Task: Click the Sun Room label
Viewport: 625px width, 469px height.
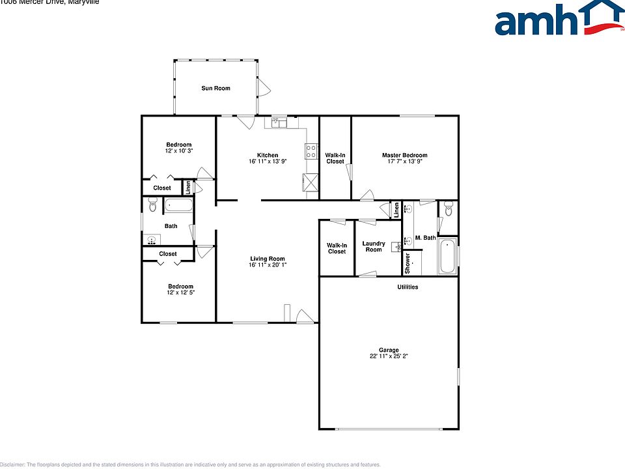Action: click(215, 88)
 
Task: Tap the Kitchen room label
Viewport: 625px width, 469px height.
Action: click(267, 155)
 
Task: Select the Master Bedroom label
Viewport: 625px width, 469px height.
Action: click(404, 155)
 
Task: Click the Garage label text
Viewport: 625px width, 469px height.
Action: click(389, 350)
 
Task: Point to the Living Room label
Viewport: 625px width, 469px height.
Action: click(267, 259)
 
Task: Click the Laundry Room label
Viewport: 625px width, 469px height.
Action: click(374, 246)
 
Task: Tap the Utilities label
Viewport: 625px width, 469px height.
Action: click(408, 287)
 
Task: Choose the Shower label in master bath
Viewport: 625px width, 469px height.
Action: click(408, 262)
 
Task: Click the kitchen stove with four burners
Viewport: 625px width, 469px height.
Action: click(311, 152)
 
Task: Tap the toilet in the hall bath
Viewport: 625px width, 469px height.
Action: click(153, 206)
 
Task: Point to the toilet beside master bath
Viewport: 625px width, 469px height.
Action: click(448, 208)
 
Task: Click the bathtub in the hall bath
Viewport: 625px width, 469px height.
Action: click(178, 206)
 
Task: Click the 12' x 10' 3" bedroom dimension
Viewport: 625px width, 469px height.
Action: click(179, 150)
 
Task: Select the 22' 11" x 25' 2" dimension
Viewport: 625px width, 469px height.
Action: click(389, 356)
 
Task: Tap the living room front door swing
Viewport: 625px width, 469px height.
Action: click(304, 317)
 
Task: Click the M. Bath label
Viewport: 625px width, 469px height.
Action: click(425, 238)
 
